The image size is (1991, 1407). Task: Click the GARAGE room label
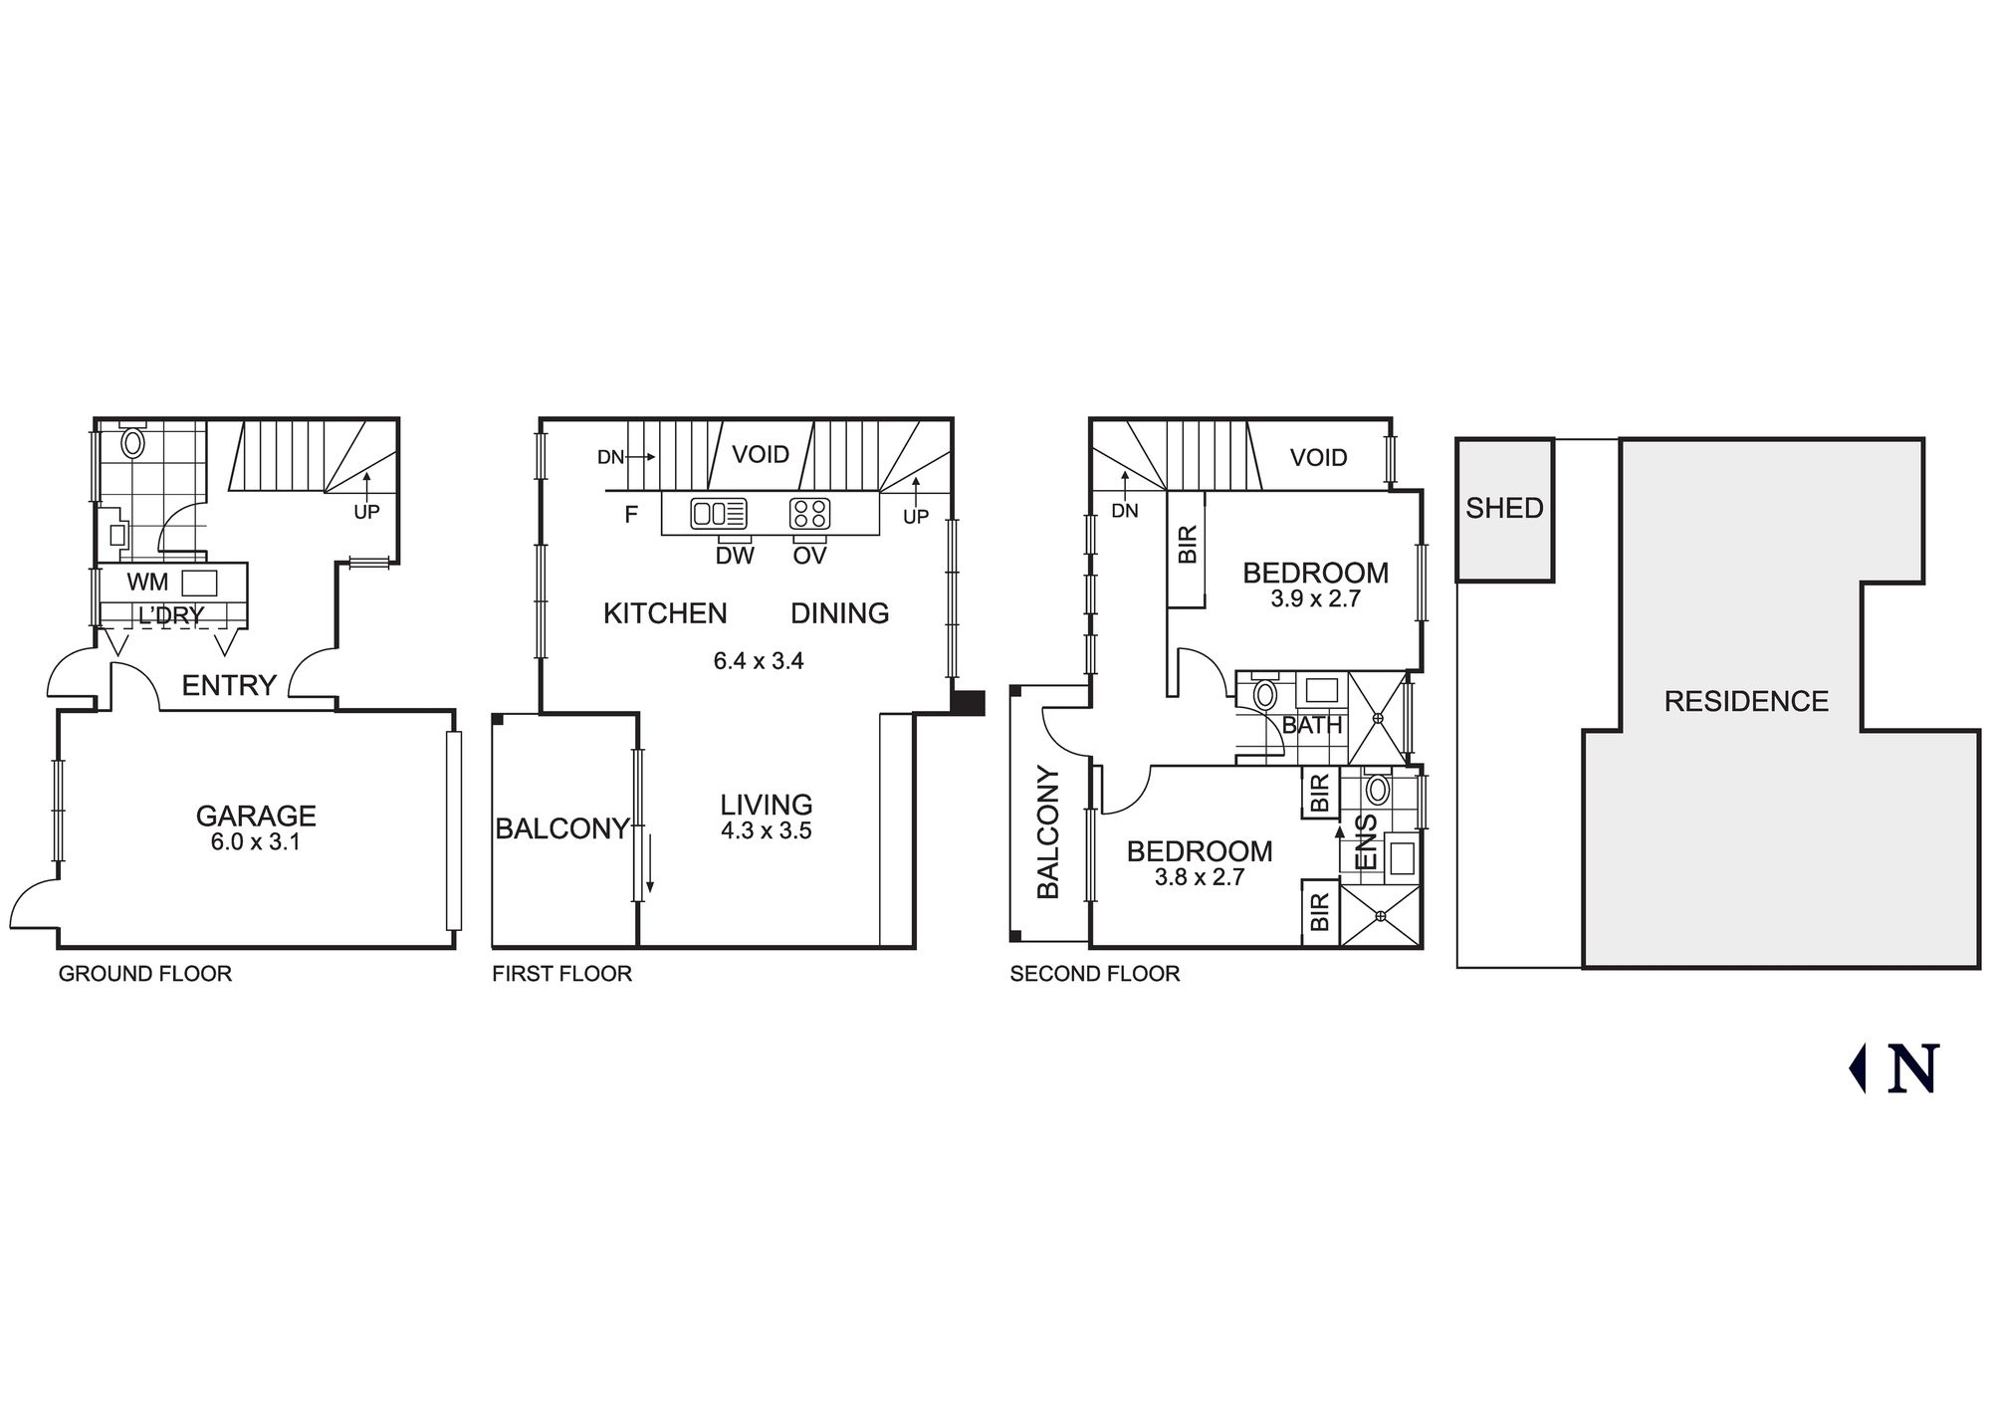pos(256,816)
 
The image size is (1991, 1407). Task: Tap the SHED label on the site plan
pos(1504,508)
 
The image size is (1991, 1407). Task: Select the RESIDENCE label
pos(1746,702)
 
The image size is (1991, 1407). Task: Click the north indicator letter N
pos(1913,1069)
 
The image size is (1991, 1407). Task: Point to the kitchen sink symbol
pos(718,514)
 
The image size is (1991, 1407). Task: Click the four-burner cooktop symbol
pos(809,514)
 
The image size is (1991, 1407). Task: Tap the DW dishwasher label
pos(735,557)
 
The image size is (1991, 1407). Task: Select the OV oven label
pos(809,557)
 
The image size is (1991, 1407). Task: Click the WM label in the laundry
pos(147,583)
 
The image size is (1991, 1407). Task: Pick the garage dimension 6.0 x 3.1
pos(256,842)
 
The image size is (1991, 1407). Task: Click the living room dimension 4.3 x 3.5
pos(766,831)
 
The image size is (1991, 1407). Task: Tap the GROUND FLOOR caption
pos(145,974)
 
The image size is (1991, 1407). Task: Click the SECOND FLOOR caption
pos(1094,974)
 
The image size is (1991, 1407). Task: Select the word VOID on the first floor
pos(761,455)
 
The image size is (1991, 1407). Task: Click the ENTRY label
pos(229,685)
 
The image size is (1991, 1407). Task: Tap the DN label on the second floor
pos(1125,511)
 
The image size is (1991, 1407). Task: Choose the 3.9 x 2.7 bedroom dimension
pos(1315,599)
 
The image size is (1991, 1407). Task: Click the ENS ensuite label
pos(1367,842)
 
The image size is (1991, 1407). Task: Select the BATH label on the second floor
pos(1312,726)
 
